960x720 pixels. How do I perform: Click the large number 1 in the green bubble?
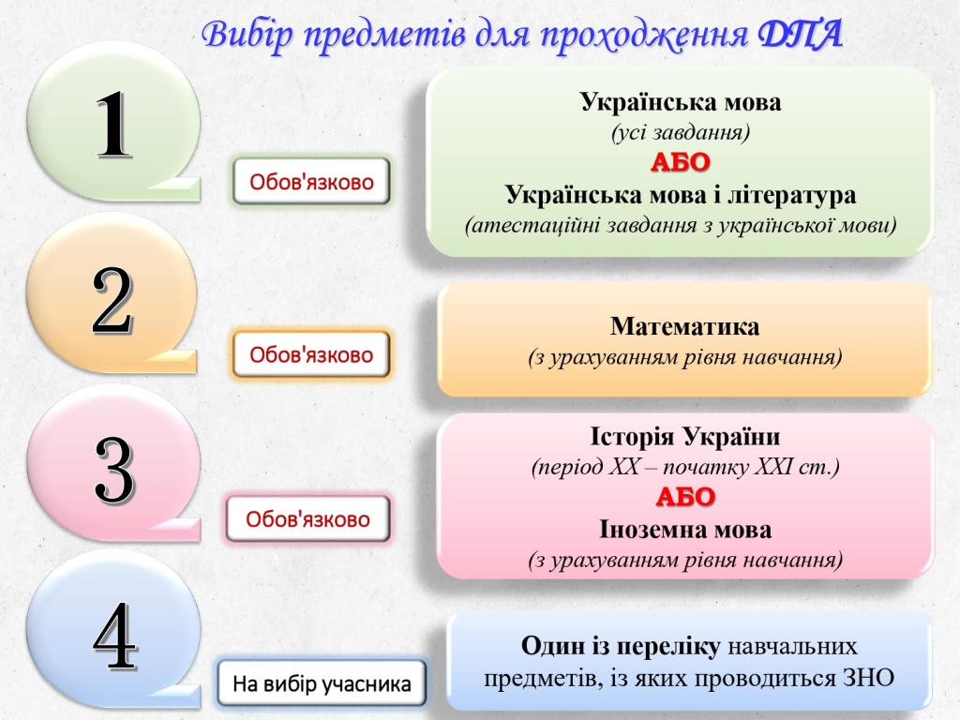pos(115,125)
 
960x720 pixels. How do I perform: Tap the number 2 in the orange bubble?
pos(112,301)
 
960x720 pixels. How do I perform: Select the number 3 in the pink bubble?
pos(114,471)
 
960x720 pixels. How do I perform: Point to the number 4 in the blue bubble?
pos(114,637)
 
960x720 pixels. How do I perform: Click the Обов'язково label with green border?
pos(311,181)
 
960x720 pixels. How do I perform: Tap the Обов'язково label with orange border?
pos(311,354)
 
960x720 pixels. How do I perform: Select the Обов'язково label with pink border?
pos(307,519)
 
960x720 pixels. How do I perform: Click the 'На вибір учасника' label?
pos(322,683)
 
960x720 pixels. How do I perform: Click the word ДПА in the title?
pos(801,35)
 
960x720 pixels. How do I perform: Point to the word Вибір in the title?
pos(248,35)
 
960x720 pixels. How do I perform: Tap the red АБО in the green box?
pos(681,163)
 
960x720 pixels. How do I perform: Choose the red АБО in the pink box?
pos(685,497)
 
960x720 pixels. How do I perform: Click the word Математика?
pos(684,326)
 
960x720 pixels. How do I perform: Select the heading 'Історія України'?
pos(685,437)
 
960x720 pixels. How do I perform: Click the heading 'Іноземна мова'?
pos(685,530)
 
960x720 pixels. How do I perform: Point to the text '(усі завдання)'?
pos(681,132)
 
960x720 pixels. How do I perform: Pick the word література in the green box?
pos(791,195)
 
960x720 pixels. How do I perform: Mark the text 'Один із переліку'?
pos(621,647)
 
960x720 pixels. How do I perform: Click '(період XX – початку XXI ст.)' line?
pos(685,467)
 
